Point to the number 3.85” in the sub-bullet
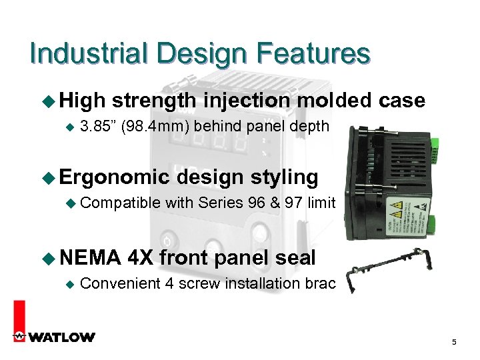tap(98, 126)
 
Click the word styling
tap(285, 177)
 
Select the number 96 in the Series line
tap(256, 203)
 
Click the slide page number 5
tap(454, 343)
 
